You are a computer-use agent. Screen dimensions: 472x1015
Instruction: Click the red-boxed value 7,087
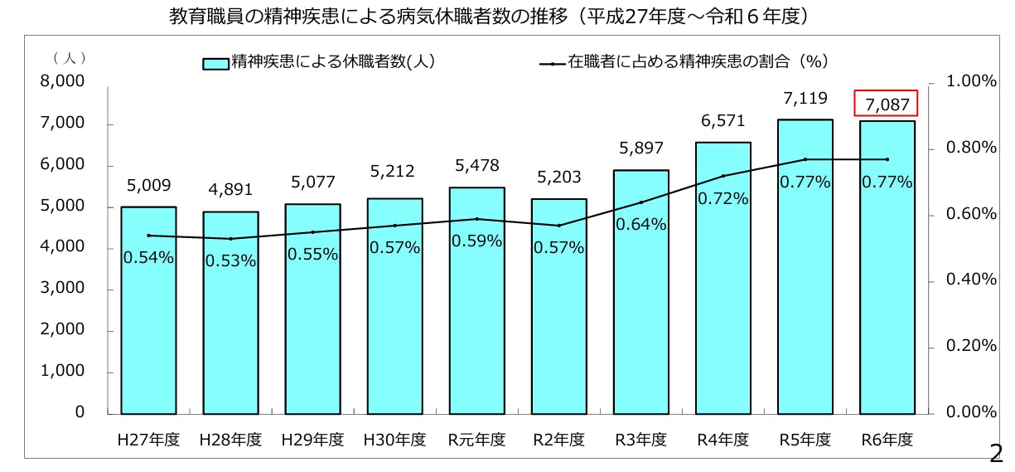(x=887, y=105)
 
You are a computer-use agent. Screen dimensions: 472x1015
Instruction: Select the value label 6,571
(x=723, y=121)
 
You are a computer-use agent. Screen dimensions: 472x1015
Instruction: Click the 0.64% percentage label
(x=641, y=224)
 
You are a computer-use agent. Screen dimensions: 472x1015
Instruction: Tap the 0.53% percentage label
(x=230, y=260)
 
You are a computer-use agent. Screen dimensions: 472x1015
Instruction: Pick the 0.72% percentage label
(x=723, y=199)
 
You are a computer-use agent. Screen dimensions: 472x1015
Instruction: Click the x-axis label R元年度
(x=476, y=440)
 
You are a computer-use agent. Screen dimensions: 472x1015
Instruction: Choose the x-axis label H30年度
(x=394, y=440)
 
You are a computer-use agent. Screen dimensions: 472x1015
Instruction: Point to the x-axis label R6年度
(x=887, y=440)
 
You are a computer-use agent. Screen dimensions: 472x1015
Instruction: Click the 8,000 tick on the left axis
(x=62, y=82)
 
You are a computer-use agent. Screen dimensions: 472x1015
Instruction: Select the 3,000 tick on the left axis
(x=62, y=289)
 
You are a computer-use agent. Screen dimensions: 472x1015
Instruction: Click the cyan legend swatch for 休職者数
(x=215, y=63)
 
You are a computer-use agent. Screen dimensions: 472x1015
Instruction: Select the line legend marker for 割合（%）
(x=552, y=63)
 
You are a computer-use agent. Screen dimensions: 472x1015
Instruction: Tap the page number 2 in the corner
(x=996, y=453)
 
